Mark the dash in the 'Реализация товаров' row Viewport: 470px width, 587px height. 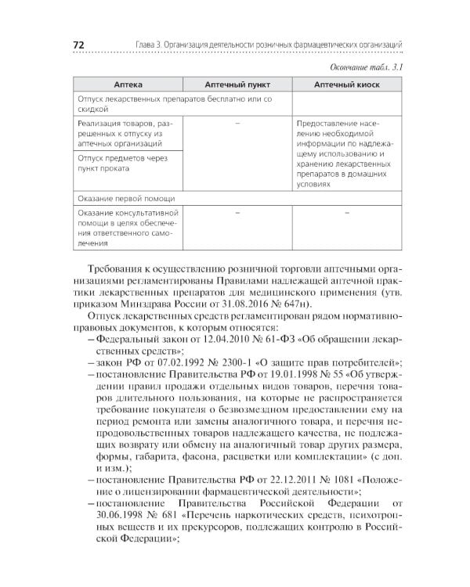[x=237, y=124]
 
